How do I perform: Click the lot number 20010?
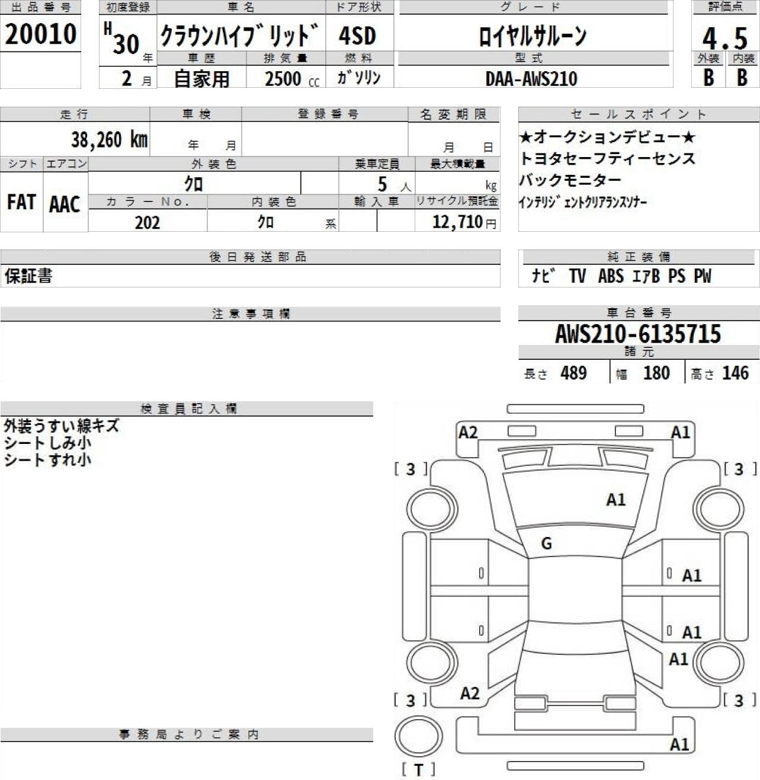40,34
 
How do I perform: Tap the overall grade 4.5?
725,39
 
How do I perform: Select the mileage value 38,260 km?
110,140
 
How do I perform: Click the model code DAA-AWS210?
531,79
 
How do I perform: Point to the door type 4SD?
357,36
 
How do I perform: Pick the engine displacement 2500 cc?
292,79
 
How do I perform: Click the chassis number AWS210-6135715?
638,334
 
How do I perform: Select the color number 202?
147,222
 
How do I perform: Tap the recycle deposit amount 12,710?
457,222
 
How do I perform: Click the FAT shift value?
22,202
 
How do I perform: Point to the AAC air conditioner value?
65,204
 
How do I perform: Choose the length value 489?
574,373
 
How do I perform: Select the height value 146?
736,373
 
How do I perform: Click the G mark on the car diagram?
547,544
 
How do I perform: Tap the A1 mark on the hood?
616,500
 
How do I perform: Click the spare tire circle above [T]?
419,736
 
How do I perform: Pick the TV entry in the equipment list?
578,276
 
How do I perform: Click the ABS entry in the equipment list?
611,276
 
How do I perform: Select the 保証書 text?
28,276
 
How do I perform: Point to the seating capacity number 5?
383,184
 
